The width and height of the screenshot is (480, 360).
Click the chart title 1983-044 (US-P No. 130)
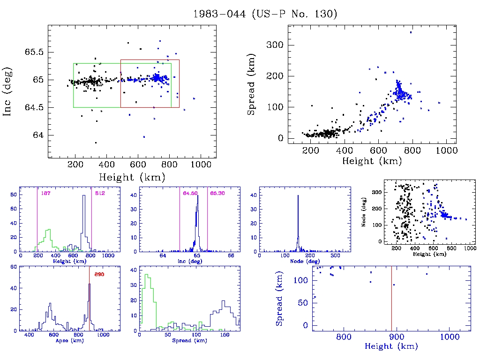coord(265,14)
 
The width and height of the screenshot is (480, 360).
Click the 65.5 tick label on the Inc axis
coord(34,52)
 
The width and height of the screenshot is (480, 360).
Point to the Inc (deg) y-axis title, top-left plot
coord(8,92)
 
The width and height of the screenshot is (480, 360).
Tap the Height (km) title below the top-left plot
coord(132,177)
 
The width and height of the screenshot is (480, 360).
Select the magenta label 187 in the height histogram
coord(45,193)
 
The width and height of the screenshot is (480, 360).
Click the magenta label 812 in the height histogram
coord(99,193)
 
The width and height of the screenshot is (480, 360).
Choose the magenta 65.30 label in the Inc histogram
coord(217,193)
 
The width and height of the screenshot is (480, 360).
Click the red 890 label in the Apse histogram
coord(99,274)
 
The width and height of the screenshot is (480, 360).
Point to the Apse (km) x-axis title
coord(69,340)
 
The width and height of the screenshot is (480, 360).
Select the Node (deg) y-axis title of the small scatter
coord(364,212)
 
